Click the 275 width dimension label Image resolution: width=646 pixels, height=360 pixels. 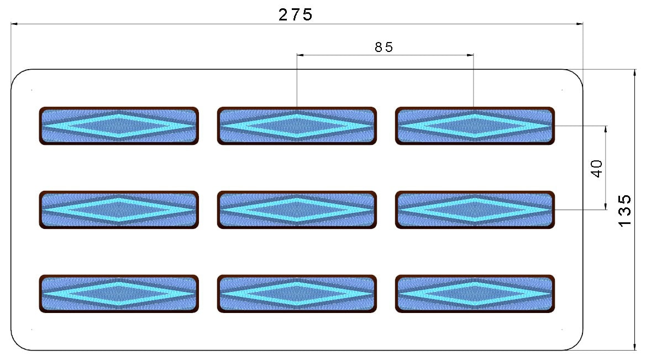(296, 15)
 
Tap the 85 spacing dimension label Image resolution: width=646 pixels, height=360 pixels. (384, 48)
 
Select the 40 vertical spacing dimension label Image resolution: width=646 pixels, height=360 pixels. (597, 168)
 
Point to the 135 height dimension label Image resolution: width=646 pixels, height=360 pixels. (624, 210)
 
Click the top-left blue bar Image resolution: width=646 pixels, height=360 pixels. (119, 126)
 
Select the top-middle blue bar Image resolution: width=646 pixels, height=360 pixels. (297, 126)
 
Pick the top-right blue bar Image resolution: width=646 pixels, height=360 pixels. (475, 126)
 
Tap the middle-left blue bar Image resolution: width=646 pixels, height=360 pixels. (119, 210)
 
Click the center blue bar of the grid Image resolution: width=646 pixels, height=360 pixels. (297, 210)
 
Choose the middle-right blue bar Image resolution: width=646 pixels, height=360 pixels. (475, 210)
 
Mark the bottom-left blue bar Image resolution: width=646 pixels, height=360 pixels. (119, 294)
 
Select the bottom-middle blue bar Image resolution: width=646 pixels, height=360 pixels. (297, 294)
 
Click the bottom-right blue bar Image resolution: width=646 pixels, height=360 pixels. (475, 294)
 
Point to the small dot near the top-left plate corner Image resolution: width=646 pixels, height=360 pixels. (31, 90)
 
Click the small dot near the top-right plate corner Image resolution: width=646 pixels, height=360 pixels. (563, 90)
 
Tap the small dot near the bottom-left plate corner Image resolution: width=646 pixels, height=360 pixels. (31, 330)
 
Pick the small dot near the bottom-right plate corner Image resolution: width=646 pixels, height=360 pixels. (563, 330)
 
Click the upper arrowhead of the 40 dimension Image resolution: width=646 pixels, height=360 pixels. (606, 129)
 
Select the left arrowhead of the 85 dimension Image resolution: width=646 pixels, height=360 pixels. (300, 54)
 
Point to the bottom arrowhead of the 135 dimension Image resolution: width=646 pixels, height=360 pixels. (634, 347)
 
